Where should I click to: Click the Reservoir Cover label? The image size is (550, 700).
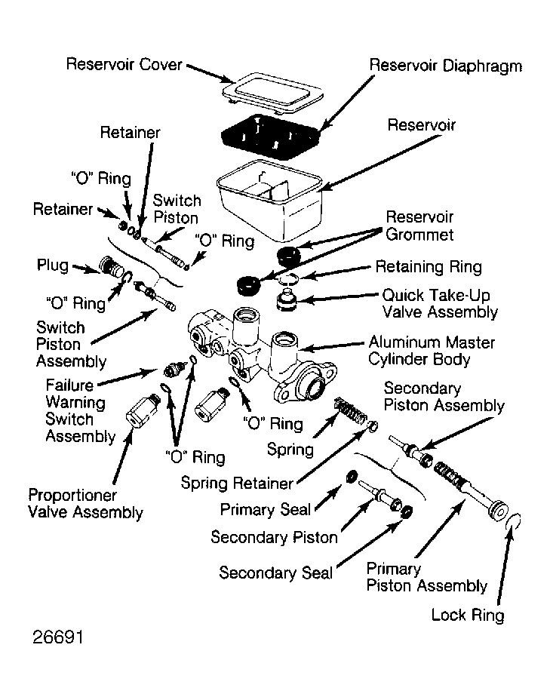point(124,64)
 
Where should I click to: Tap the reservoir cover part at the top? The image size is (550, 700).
point(273,94)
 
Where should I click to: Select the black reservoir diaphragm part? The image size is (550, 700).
point(272,137)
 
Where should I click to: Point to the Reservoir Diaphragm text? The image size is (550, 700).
point(446,66)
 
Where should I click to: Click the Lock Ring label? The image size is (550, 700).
point(468,615)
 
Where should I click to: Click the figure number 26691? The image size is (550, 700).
point(57,637)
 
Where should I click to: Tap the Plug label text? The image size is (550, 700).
point(53,266)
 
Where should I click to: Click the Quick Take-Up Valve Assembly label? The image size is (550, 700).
point(440,303)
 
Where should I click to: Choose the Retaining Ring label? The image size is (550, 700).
point(429,267)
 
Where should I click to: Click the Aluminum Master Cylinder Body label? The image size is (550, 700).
point(432,351)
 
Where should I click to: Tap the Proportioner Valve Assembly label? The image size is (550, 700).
point(85,504)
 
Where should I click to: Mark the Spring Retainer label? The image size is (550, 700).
point(237,483)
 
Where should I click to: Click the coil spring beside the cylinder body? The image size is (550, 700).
point(351,410)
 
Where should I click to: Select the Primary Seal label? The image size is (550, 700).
point(265,509)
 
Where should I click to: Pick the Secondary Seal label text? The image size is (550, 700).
point(276,573)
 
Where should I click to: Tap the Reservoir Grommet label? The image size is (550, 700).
point(419,226)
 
